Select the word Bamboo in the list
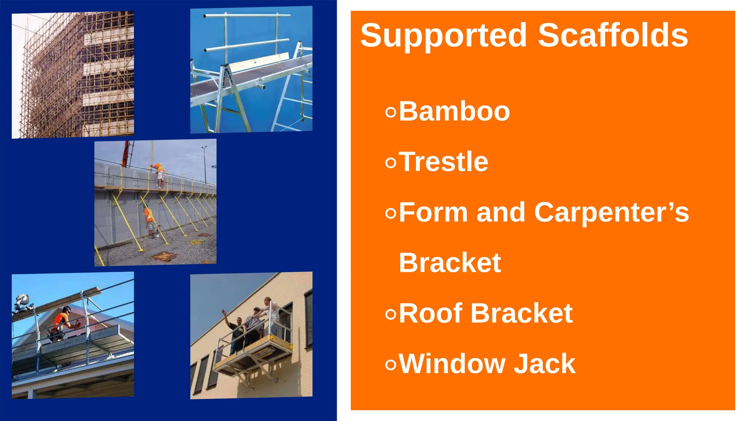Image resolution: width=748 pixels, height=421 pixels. pos(454,111)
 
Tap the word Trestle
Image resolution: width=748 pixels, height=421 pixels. pos(443,162)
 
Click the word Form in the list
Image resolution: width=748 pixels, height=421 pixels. pos(433,212)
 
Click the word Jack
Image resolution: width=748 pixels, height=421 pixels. pos(544,364)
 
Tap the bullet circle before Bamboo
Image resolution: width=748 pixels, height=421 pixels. pos(390,112)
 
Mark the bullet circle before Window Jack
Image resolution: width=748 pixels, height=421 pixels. pos(390,364)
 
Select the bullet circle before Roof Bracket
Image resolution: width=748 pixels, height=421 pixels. pos(390,314)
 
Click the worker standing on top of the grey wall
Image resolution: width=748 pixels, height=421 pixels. pos(159,175)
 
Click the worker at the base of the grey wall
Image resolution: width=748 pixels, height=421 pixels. pos(149,221)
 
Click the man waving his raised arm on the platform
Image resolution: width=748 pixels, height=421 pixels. pos(234,329)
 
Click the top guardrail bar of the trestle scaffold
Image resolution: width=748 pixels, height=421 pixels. pos(247,16)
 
